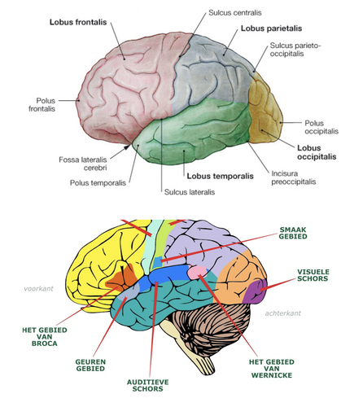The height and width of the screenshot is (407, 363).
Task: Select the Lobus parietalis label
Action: pyautogui.click(x=271, y=28)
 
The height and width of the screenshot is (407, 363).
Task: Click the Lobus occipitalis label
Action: pyautogui.click(x=315, y=153)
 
